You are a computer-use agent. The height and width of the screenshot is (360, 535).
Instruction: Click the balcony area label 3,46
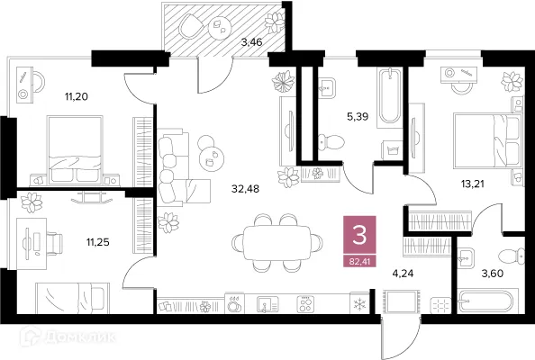tap(252, 42)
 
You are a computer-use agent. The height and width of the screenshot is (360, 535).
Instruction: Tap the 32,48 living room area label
tap(245, 188)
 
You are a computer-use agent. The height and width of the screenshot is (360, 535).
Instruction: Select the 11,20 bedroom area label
tap(77, 97)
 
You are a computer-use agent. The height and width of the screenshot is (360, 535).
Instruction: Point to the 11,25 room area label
tap(97, 242)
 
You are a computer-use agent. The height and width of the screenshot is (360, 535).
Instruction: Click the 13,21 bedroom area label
tap(473, 184)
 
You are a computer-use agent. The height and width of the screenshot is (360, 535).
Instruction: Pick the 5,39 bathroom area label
tap(358, 117)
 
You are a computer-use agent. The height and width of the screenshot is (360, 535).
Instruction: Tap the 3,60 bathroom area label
tap(493, 273)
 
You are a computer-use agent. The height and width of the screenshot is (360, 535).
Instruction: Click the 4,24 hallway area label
tap(403, 273)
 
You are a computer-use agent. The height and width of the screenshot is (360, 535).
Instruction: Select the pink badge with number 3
tap(359, 236)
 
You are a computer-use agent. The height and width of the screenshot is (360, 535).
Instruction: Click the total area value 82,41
tap(359, 262)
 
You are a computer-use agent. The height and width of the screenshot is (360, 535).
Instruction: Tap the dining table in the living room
tap(277, 243)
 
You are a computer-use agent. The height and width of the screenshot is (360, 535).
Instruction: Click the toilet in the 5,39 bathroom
tap(331, 142)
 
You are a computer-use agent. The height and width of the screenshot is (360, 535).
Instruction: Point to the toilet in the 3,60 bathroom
tap(511, 256)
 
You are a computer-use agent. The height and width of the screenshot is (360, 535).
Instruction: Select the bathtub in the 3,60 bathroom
tap(488, 301)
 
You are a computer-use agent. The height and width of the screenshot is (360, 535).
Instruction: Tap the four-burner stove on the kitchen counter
tap(305, 303)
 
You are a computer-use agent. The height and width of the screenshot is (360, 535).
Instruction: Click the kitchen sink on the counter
tap(267, 304)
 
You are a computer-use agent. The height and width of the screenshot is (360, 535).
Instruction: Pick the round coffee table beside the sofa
tap(211, 159)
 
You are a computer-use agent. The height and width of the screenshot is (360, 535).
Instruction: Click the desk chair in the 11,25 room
tap(54, 243)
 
